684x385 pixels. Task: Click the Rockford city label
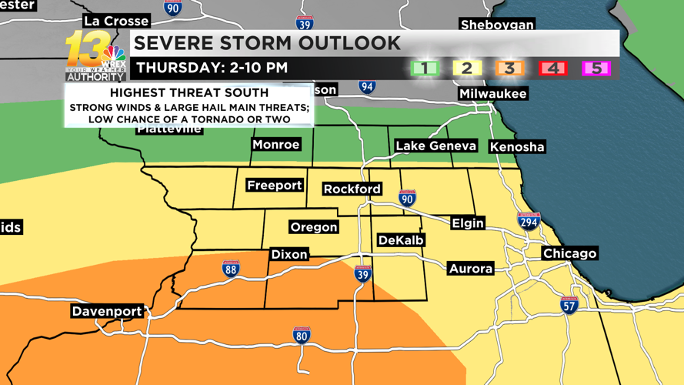[352, 189]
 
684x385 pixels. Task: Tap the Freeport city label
[274, 186]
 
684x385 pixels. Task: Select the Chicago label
[569, 253]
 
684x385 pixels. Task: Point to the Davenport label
[107, 311]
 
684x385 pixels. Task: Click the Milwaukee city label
[492, 94]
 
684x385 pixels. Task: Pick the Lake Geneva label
[435, 146]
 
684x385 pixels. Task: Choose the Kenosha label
[517, 146]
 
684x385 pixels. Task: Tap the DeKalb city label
[401, 240]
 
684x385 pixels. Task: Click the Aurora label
[470, 269]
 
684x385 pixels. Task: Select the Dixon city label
[289, 254]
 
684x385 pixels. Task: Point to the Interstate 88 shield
[231, 269]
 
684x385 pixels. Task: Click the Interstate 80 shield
[302, 336]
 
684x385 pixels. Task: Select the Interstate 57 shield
[569, 304]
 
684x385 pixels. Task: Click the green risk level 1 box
[424, 69]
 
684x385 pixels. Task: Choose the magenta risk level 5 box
[596, 69]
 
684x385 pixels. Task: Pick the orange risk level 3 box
[509, 69]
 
